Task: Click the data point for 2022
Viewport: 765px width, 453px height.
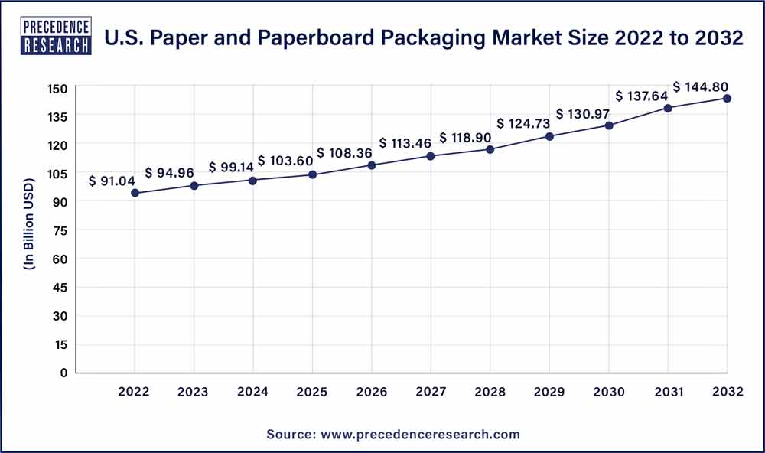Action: click(135, 193)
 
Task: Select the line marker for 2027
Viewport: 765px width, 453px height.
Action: click(431, 156)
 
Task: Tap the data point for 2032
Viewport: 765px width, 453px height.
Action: click(727, 99)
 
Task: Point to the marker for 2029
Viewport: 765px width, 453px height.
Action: click(549, 136)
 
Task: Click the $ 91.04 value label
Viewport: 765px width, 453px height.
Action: click(113, 181)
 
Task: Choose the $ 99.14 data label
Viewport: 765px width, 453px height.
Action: click(232, 166)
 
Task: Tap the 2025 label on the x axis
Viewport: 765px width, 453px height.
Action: click(312, 393)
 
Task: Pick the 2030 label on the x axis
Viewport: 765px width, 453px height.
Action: click(608, 393)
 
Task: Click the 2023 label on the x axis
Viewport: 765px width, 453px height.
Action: click(194, 393)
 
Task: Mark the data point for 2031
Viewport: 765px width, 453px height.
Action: click(668, 108)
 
